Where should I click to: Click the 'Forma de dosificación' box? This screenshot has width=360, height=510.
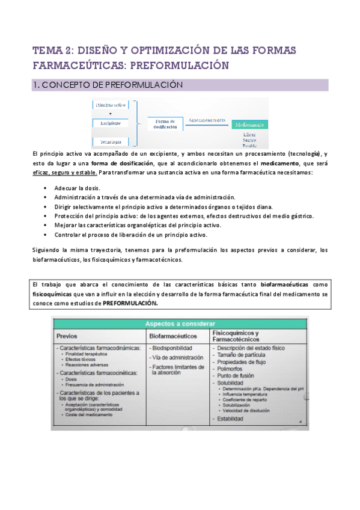coord(164,123)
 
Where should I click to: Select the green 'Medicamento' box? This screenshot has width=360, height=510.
coord(249,124)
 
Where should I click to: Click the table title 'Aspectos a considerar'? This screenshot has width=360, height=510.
coord(179,324)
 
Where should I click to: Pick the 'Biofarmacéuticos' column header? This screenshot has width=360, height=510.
coord(176,336)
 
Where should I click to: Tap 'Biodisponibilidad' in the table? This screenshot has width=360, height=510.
coord(173,348)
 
